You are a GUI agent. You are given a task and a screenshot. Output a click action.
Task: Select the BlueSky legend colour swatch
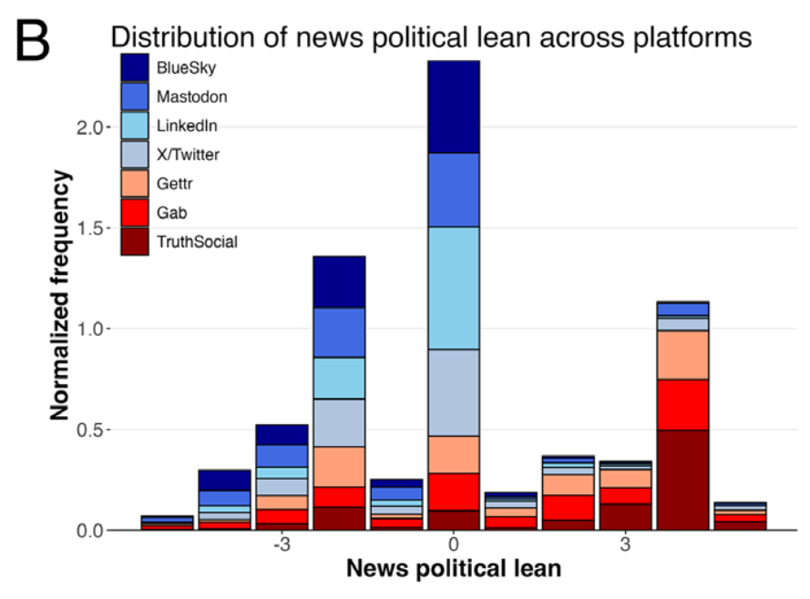tap(136, 67)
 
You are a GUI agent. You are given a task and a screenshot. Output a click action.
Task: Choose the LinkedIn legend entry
tap(186, 126)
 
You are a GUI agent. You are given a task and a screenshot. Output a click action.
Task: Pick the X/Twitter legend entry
tap(188, 155)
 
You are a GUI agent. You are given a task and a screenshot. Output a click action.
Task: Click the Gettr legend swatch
tap(136, 183)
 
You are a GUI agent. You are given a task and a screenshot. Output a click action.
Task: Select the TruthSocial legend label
tap(197, 241)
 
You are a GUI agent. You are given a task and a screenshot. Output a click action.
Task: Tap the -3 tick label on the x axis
tap(282, 546)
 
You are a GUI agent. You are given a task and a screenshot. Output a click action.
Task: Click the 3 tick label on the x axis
tap(625, 546)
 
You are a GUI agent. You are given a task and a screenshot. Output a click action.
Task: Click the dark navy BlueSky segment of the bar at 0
tap(453, 107)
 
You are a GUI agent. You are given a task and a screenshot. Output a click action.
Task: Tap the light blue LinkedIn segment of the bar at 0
tap(453, 288)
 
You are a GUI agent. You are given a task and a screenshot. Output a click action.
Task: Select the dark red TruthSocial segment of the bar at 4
tap(682, 479)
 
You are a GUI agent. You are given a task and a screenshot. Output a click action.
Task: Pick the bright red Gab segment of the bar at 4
tap(682, 404)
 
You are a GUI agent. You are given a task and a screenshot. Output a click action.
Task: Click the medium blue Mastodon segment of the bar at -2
tap(339, 332)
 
